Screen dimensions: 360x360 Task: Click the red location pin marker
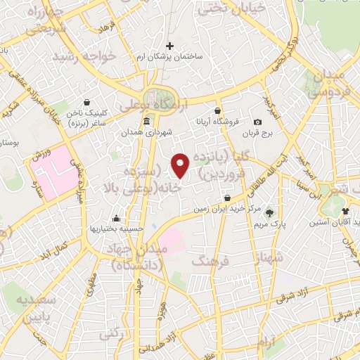click(x=181, y=165)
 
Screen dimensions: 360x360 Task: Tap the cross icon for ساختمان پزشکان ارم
click(x=169, y=46)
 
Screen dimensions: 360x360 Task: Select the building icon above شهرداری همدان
click(x=146, y=122)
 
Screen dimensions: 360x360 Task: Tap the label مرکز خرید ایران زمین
click(x=226, y=209)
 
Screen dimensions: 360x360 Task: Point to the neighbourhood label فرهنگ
click(x=208, y=262)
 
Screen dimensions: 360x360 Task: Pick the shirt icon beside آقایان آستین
click(x=345, y=211)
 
